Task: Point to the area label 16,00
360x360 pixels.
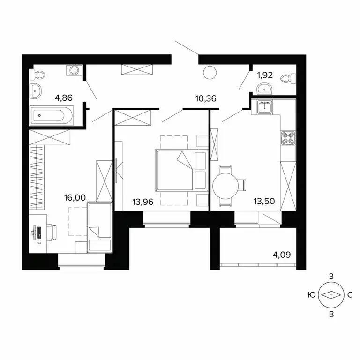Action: click(x=75, y=198)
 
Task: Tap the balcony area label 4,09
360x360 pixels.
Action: click(x=282, y=255)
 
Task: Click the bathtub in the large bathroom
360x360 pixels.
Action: click(x=52, y=115)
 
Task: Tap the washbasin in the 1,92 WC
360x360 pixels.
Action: click(x=265, y=87)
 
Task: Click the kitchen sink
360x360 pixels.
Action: click(x=265, y=107)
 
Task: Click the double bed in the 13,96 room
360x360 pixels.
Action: click(x=175, y=170)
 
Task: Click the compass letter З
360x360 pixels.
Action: click(x=331, y=277)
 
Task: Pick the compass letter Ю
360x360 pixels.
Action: click(x=311, y=295)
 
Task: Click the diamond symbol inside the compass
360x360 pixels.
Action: click(x=331, y=295)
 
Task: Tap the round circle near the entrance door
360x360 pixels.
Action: click(x=210, y=72)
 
